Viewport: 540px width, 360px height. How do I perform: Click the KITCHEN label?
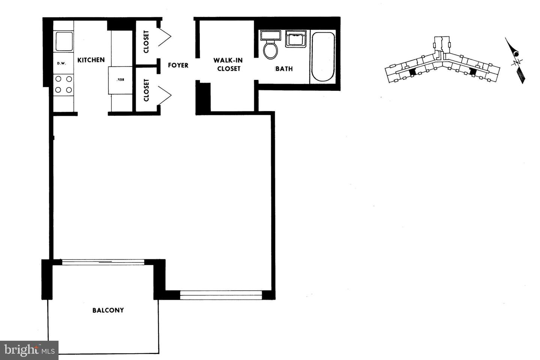click(91, 60)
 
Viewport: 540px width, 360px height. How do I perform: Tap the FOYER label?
click(178, 65)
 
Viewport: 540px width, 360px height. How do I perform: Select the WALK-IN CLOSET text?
click(228, 64)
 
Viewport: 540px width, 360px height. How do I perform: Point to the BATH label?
click(284, 69)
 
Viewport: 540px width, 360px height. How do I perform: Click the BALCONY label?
click(108, 310)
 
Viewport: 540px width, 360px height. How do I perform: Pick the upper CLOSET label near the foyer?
click(146, 42)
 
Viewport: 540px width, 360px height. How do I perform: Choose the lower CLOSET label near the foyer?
click(146, 90)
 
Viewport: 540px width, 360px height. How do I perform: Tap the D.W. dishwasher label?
click(61, 63)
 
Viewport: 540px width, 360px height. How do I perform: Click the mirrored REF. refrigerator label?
click(120, 80)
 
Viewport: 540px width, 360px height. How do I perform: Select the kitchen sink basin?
click(64, 41)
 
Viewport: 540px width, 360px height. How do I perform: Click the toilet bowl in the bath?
click(270, 49)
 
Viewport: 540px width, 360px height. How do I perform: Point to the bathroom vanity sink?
click(296, 39)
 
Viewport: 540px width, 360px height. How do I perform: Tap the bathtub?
click(323, 57)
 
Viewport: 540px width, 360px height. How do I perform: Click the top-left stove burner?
click(58, 79)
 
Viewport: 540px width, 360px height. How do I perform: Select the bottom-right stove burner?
click(69, 90)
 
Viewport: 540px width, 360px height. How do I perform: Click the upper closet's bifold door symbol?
click(165, 37)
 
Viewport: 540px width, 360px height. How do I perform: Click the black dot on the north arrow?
click(516, 54)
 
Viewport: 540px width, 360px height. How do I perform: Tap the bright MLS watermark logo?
click(29, 350)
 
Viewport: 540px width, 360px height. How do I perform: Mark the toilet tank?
click(270, 36)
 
